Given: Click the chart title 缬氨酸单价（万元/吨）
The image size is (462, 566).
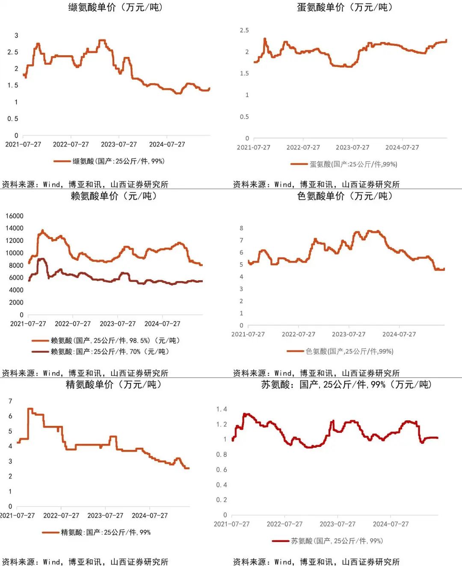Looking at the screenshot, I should [x=115, y=7].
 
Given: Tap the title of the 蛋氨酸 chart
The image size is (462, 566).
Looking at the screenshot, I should [x=345, y=7].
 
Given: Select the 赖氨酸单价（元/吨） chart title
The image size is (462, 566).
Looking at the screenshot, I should [x=114, y=196].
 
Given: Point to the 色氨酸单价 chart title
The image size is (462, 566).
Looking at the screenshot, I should [x=345, y=196].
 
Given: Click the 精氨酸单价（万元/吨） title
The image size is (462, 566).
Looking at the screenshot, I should [x=114, y=384].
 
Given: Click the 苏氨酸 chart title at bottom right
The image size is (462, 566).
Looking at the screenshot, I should [x=346, y=384].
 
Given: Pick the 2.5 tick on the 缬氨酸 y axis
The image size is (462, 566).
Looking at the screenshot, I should [x=13, y=52].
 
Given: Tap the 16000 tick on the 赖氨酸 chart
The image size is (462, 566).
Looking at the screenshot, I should [x=15, y=216].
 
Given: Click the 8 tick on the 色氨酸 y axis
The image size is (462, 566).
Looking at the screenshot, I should [x=241, y=228].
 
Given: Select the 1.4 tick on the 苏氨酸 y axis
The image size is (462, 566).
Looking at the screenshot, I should [x=222, y=409].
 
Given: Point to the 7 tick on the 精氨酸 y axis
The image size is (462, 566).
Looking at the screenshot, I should [x=10, y=401].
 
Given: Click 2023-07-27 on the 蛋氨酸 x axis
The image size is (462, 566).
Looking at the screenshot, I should [x=352, y=147].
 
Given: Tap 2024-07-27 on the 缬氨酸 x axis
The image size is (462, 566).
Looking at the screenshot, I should [x=167, y=144].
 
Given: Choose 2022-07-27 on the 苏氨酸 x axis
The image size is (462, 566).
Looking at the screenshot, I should [x=284, y=524].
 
